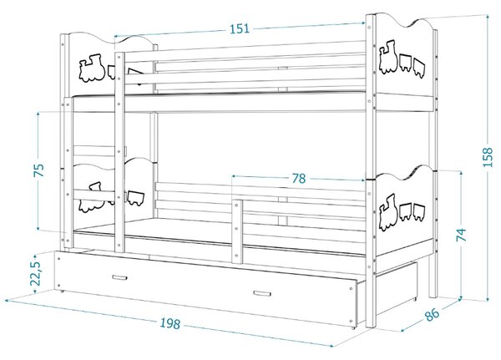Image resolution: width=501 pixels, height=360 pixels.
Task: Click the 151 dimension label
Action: click(x=240, y=28)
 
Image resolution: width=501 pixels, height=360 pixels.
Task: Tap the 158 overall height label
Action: click(x=488, y=157)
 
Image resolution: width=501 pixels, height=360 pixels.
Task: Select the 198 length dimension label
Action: click(x=170, y=323)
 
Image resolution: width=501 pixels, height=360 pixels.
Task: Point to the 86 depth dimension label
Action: click(x=432, y=315)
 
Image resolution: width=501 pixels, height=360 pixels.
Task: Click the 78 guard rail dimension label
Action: click(x=298, y=179)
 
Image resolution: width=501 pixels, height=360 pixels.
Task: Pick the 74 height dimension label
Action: click(x=461, y=235)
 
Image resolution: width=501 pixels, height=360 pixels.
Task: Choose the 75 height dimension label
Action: click(x=39, y=170)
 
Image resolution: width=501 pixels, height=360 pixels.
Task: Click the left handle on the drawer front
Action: click(x=119, y=277)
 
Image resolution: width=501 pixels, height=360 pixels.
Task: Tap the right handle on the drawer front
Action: click(x=262, y=293)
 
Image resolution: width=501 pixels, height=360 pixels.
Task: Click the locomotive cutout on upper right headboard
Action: click(x=388, y=57)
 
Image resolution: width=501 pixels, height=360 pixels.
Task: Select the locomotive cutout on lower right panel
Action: click(x=388, y=212)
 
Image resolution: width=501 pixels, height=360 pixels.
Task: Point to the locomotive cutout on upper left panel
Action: click(x=91, y=68)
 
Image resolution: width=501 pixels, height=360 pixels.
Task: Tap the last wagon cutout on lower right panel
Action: click(x=419, y=212)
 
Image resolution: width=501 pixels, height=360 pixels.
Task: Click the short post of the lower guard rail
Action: click(x=237, y=231)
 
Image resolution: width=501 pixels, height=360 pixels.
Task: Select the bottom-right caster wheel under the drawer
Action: click(x=353, y=328)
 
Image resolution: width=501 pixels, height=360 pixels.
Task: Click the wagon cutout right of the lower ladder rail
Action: click(x=136, y=198)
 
